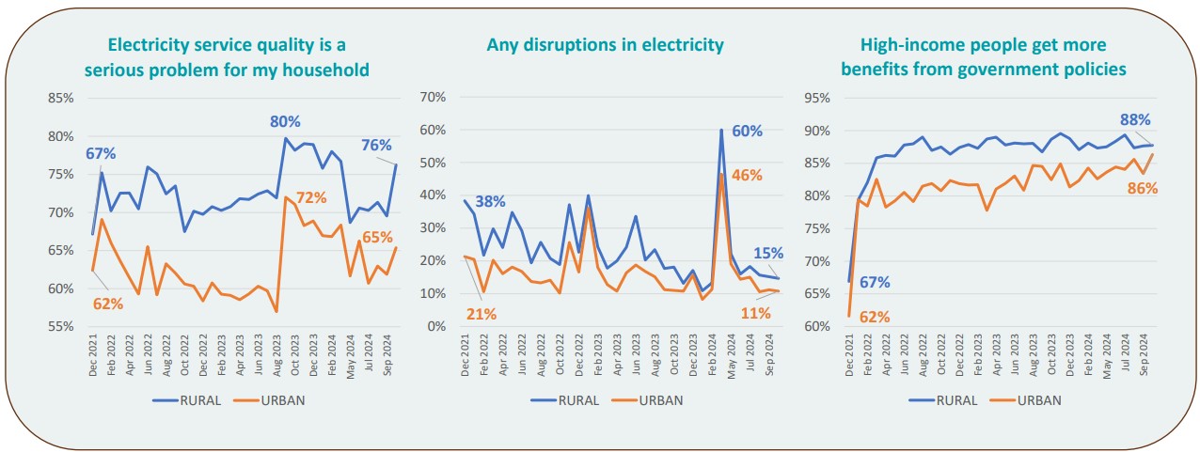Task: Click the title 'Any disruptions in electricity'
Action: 605,45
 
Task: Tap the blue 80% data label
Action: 285,121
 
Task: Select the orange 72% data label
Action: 311,198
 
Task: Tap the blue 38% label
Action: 490,200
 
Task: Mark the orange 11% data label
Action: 755,313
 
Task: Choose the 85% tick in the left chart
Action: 61,98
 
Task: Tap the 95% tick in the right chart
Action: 816,98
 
